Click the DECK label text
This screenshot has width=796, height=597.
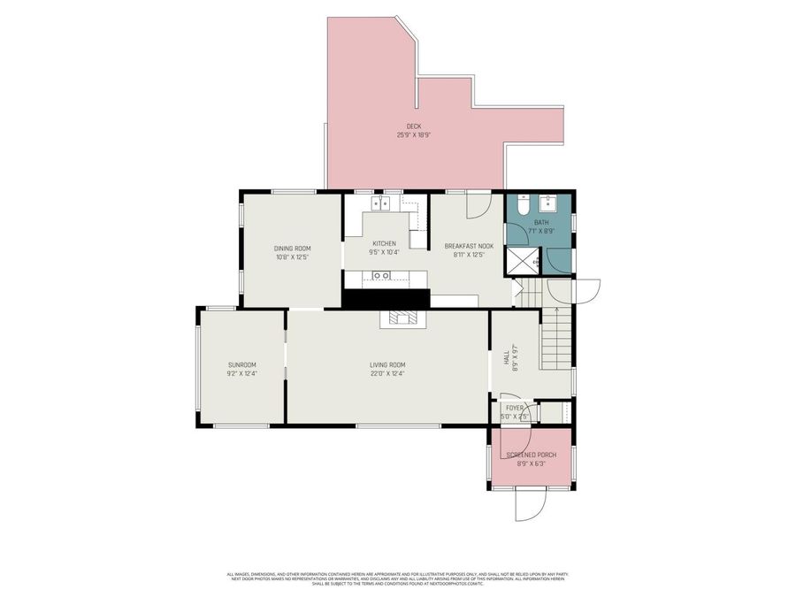[x=413, y=126]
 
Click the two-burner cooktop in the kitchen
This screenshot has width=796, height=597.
[x=382, y=203]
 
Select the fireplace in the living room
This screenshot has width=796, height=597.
[x=402, y=318]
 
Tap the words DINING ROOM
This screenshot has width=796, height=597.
[x=292, y=249]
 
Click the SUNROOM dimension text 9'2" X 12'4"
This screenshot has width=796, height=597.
[x=241, y=374]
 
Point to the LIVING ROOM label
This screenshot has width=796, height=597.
[x=387, y=364]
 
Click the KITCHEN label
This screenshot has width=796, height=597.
[x=384, y=244]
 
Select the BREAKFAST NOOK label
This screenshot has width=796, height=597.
[x=469, y=246]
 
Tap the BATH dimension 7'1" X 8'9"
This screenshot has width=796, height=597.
[x=541, y=231]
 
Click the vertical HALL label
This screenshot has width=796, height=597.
[x=506, y=358]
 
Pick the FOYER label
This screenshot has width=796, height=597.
[x=514, y=408]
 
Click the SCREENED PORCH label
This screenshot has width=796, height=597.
[x=532, y=455]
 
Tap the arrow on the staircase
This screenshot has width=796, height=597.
[x=555, y=310]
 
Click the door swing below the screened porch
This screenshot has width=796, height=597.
[x=532, y=506]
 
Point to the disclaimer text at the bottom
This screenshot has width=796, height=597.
[x=398, y=578]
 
